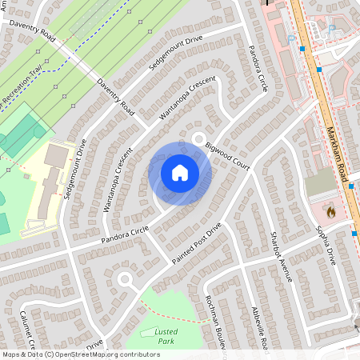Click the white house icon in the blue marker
coord(180,173)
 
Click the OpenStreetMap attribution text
coord(80,354)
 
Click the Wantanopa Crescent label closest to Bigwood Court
coord(187,100)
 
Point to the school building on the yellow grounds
coord(50,172)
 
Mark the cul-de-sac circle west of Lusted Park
coord(124,279)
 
